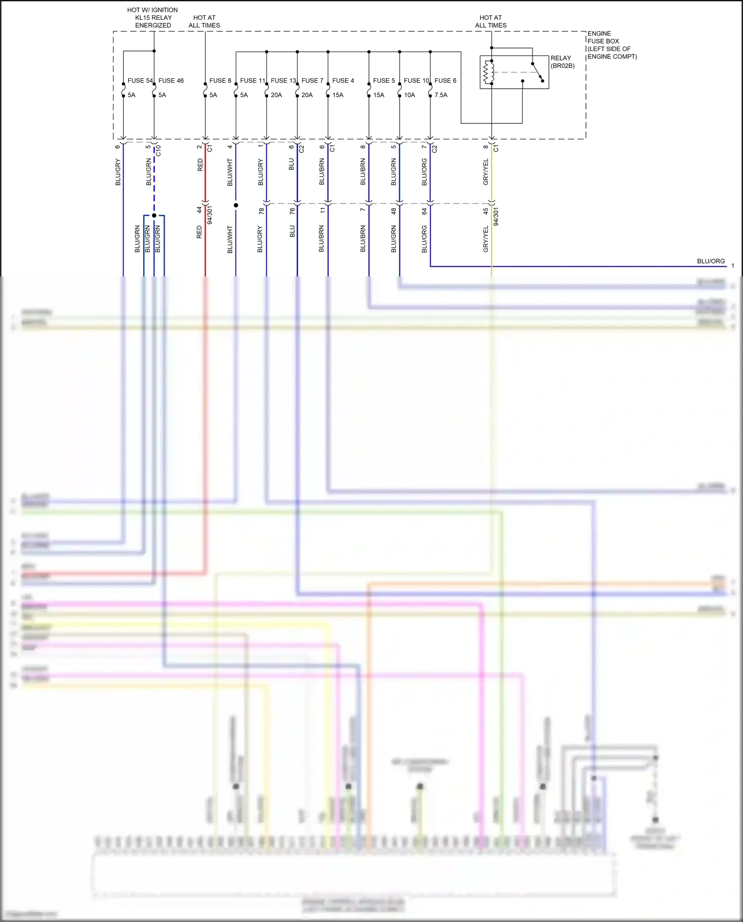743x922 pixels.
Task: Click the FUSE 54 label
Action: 140,81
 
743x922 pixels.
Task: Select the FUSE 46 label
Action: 171,81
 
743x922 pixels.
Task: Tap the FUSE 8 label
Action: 220,81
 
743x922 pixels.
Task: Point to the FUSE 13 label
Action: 283,81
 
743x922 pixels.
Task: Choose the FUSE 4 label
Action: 343,81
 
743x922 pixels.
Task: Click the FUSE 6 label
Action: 445,81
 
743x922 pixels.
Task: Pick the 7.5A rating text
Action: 441,95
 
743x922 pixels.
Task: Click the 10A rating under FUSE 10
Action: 409,95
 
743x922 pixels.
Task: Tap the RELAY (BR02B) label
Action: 562,62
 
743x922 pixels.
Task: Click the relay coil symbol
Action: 489,72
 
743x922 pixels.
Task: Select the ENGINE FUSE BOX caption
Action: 612,45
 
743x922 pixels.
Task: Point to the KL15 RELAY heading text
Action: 153,18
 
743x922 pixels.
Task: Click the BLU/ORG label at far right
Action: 710,261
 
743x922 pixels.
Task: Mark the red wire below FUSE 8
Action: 205,173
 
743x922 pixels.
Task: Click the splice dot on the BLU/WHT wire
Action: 236,205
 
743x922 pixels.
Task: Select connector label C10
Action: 159,151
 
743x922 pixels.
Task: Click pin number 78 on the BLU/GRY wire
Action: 262,211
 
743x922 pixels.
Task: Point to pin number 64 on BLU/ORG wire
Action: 425,211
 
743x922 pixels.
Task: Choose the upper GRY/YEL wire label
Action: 486,172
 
